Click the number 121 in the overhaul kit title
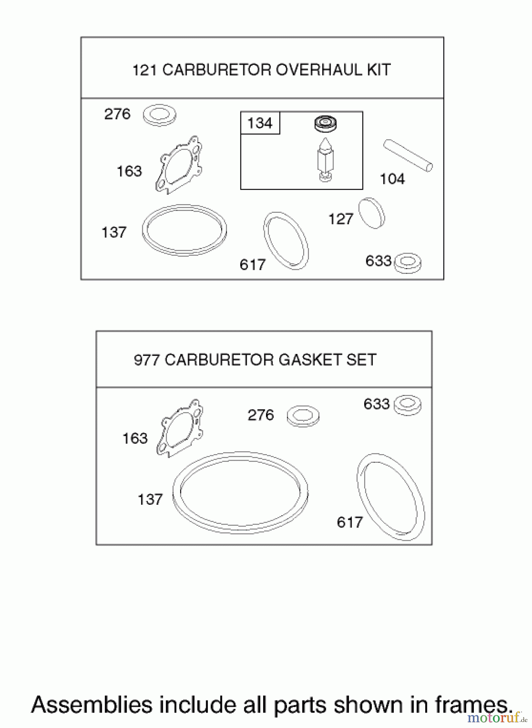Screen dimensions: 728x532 [x=144, y=70]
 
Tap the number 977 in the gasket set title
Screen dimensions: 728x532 [x=147, y=360]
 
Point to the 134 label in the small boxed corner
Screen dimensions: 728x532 [x=260, y=123]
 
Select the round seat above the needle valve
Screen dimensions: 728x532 [x=325, y=123]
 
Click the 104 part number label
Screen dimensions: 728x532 [x=392, y=179]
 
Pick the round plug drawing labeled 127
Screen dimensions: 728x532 [x=372, y=214]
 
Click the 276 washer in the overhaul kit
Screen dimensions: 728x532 [x=160, y=115]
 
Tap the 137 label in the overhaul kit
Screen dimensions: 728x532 [x=114, y=233]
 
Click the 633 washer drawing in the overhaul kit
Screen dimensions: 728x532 [x=407, y=263]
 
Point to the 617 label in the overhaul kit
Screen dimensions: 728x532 [x=252, y=265]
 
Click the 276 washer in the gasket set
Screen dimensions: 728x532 [x=303, y=416]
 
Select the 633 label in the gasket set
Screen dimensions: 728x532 [x=376, y=404]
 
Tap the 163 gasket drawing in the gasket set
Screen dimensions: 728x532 [x=180, y=428]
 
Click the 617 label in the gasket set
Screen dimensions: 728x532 [x=350, y=523]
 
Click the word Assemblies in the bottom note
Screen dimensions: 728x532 [x=92, y=705]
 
